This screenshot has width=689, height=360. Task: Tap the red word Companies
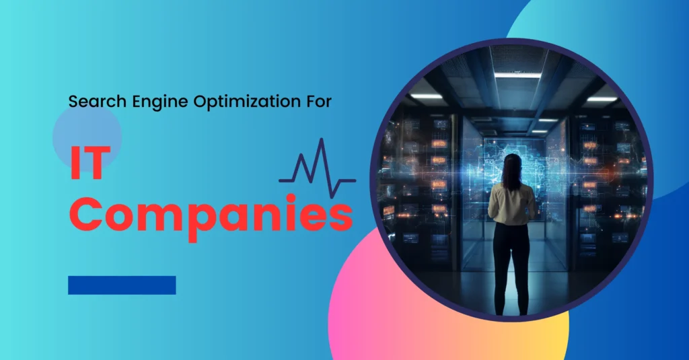tap(211, 215)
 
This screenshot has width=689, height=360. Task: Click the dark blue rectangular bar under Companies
tap(122, 285)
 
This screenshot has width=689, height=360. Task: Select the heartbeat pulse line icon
tap(318, 168)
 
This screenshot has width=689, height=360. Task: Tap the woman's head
tap(512, 169)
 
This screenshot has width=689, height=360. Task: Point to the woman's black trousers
tap(511, 268)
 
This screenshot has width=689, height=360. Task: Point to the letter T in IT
tap(96, 163)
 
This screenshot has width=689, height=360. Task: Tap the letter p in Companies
tap(200, 223)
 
